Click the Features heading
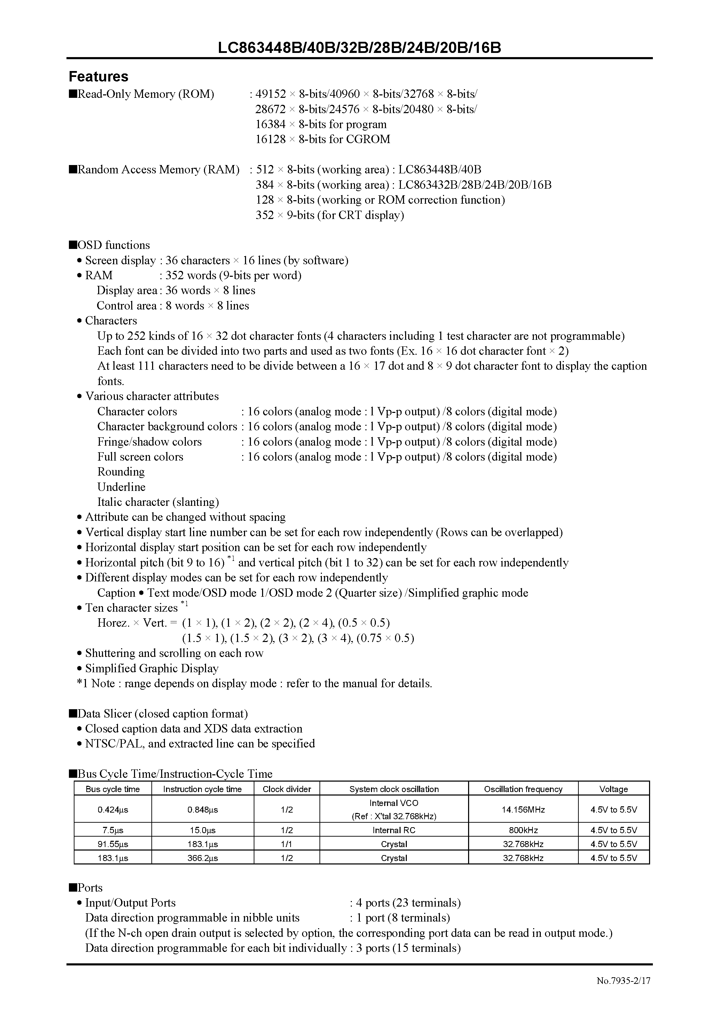pyautogui.click(x=98, y=77)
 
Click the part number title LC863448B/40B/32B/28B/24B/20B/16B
pyautogui.click(x=359, y=47)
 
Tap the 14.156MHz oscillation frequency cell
pyautogui.click(x=523, y=809)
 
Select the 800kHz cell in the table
pyautogui.click(x=523, y=830)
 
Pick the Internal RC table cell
pyautogui.click(x=394, y=830)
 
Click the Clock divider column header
pyautogui.click(x=287, y=789)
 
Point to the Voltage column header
pyautogui.click(x=614, y=789)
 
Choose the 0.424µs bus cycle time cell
pyautogui.click(x=113, y=809)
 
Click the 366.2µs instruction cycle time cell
pyautogui.click(x=203, y=858)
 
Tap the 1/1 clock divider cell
pyautogui.click(x=287, y=844)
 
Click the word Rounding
pyautogui.click(x=121, y=472)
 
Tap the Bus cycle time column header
pyautogui.click(x=113, y=789)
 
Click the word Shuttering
pyautogui.click(x=110, y=653)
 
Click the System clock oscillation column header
pyautogui.click(x=394, y=789)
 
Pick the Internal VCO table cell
pyautogui.click(x=394, y=803)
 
